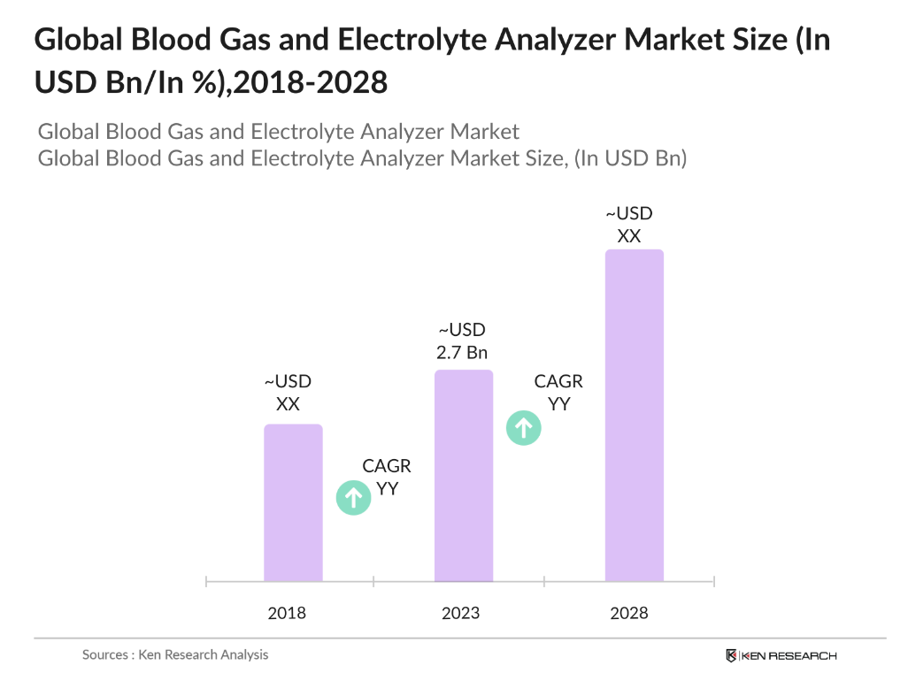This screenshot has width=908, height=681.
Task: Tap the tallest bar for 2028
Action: coord(634,415)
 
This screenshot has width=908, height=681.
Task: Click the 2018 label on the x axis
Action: coord(287,613)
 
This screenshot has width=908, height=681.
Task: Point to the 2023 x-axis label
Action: coord(460,613)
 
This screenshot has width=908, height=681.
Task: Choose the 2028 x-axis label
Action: coord(629,613)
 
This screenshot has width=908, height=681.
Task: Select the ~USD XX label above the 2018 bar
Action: coord(288,394)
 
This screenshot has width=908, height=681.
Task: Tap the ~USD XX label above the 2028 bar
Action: coord(628,225)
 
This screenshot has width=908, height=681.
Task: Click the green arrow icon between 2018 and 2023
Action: coord(353,498)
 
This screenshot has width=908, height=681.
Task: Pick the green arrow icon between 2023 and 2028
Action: coord(523,429)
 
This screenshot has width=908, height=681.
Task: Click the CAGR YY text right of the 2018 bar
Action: coord(387,477)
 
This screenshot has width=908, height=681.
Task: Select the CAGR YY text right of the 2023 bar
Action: coord(558,393)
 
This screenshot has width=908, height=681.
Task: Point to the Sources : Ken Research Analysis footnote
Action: coord(175,655)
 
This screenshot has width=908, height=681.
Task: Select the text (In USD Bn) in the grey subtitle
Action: coord(629,158)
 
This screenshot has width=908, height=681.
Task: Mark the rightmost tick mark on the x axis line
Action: coord(713,581)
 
